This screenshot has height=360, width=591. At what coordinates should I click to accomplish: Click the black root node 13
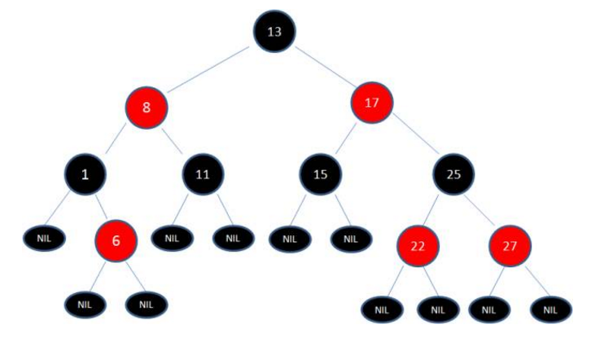(274, 31)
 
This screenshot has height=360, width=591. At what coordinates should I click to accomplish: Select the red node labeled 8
(147, 108)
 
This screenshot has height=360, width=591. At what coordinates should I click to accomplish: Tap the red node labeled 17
(372, 102)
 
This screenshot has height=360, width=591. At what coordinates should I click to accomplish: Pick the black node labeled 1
(85, 174)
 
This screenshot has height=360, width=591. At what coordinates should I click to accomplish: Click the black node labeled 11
(203, 174)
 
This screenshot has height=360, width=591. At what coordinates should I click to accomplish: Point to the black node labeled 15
(321, 174)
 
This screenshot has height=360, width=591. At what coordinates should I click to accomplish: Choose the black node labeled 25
(453, 174)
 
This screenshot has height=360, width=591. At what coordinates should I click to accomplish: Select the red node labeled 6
(116, 240)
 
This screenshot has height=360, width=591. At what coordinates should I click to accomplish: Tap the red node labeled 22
(418, 246)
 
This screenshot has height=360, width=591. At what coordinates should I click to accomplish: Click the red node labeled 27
(510, 246)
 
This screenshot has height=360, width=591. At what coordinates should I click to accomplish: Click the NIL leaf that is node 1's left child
(45, 239)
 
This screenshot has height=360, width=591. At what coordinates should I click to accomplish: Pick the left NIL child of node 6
(85, 305)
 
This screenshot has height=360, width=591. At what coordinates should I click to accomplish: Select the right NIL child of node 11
(234, 239)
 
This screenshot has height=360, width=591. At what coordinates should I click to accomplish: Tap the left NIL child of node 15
(290, 239)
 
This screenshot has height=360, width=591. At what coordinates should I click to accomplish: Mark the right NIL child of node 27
(550, 310)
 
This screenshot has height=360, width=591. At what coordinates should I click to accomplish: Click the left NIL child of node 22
(382, 310)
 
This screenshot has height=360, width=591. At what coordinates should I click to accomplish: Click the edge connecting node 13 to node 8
(208, 69)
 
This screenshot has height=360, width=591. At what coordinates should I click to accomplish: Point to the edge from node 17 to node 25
(416, 133)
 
